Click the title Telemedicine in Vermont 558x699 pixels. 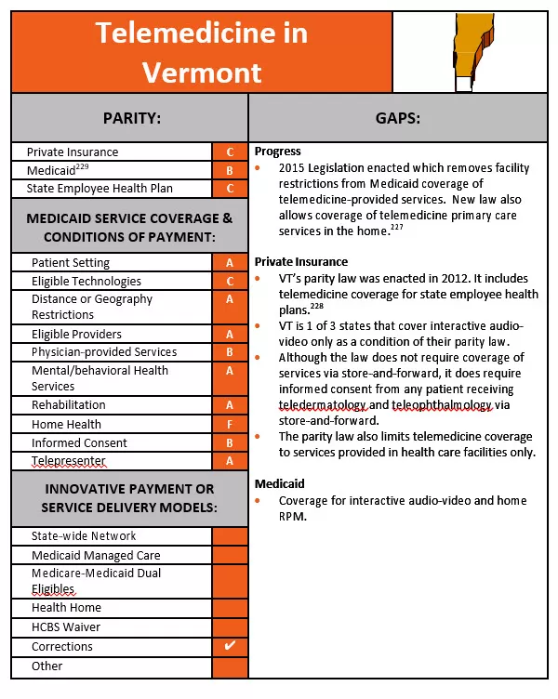coord(202,52)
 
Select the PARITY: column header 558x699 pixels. coord(130,118)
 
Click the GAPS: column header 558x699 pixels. coord(401,118)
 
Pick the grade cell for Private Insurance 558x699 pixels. coord(230,152)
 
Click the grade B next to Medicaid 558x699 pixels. coord(230,170)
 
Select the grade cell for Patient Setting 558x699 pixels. coord(230,263)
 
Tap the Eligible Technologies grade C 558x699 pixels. coord(230,282)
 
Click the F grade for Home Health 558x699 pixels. coord(230,425)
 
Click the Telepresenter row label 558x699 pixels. coord(69,461)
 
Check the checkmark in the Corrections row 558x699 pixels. coord(230,646)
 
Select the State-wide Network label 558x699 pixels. coord(84,536)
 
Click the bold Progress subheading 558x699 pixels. coord(278,152)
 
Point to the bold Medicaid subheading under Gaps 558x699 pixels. coord(280,484)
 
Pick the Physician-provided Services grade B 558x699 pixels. coord(230,352)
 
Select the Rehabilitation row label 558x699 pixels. coord(69,405)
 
